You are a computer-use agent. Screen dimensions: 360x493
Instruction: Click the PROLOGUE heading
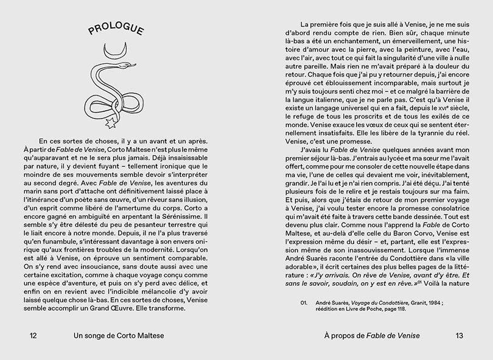tap(116, 30)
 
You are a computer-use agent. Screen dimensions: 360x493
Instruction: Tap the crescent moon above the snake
tap(115, 49)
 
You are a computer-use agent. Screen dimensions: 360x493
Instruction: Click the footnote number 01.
tap(304, 302)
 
